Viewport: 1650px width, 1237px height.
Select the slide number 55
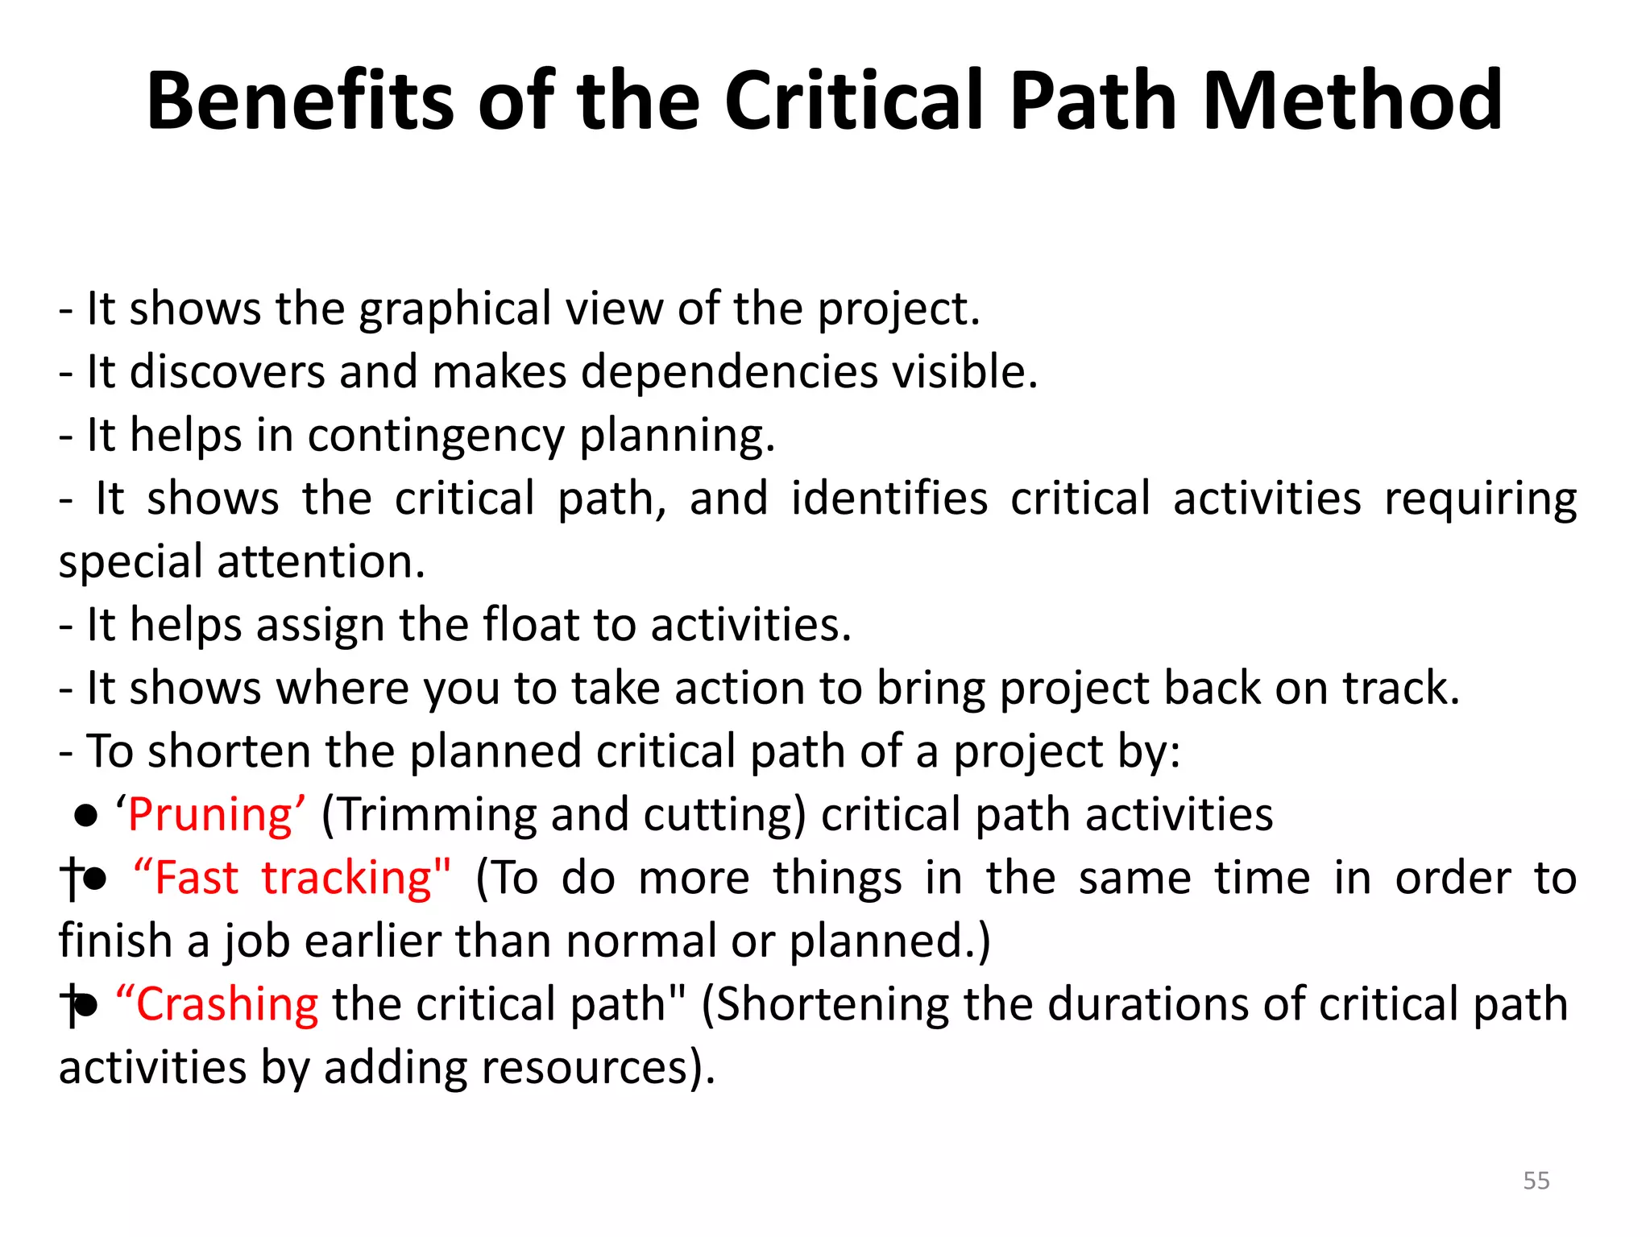click(x=1536, y=1181)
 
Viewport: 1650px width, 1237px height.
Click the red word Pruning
click(x=209, y=815)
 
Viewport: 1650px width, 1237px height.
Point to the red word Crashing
click(x=226, y=1005)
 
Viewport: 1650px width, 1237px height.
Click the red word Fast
click(x=196, y=878)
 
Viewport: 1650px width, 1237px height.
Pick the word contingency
click(x=436, y=436)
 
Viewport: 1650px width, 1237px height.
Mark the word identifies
click(x=889, y=499)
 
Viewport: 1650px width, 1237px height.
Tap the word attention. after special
click(x=321, y=561)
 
